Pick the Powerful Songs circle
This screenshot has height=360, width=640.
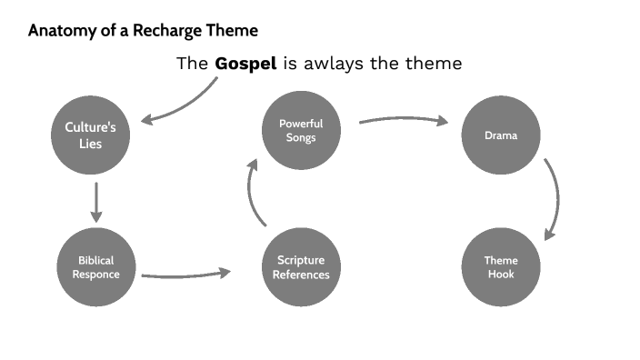[301, 130]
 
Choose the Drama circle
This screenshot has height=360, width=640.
[501, 135]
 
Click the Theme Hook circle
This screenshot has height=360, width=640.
[501, 267]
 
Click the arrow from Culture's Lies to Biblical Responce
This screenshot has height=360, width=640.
[96, 202]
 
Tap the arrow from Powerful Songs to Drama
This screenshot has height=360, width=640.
[405, 120]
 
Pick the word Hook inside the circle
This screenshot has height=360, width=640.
[501, 275]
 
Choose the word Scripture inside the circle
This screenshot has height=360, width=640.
[301, 260]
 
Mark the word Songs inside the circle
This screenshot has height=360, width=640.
[301, 137]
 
